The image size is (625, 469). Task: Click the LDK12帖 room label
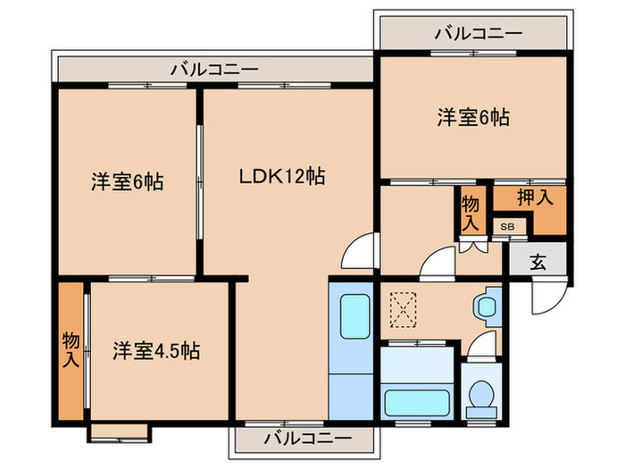click(280, 177)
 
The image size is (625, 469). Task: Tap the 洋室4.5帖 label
click(155, 350)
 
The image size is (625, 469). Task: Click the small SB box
click(506, 227)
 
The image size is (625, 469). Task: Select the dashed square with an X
click(404, 311)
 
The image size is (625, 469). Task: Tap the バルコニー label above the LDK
click(214, 68)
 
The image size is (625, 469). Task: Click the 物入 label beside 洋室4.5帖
click(71, 350)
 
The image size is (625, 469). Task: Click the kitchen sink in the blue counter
click(354, 314)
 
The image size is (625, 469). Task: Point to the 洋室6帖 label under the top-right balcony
click(472, 116)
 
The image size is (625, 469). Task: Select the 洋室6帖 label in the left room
click(126, 181)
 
